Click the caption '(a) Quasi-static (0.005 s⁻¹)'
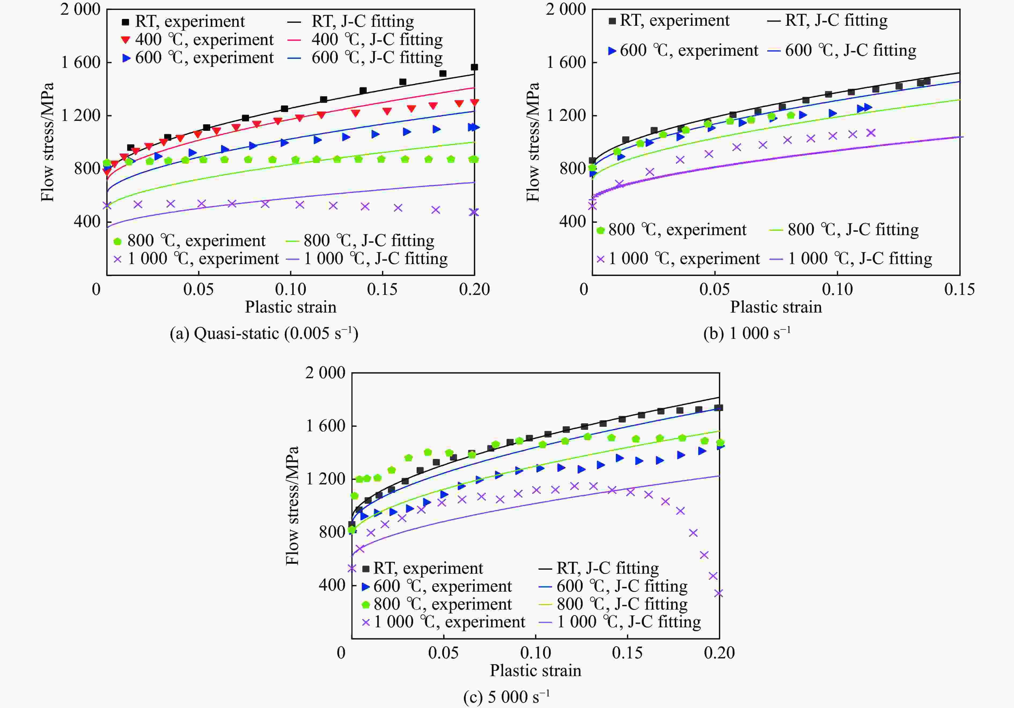point(264,333)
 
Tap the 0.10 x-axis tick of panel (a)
point(291,290)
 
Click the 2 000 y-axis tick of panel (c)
point(325,373)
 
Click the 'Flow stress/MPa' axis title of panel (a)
point(47,142)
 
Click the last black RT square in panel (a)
point(474,67)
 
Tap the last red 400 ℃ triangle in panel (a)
point(474,102)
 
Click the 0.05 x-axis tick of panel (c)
point(443,653)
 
